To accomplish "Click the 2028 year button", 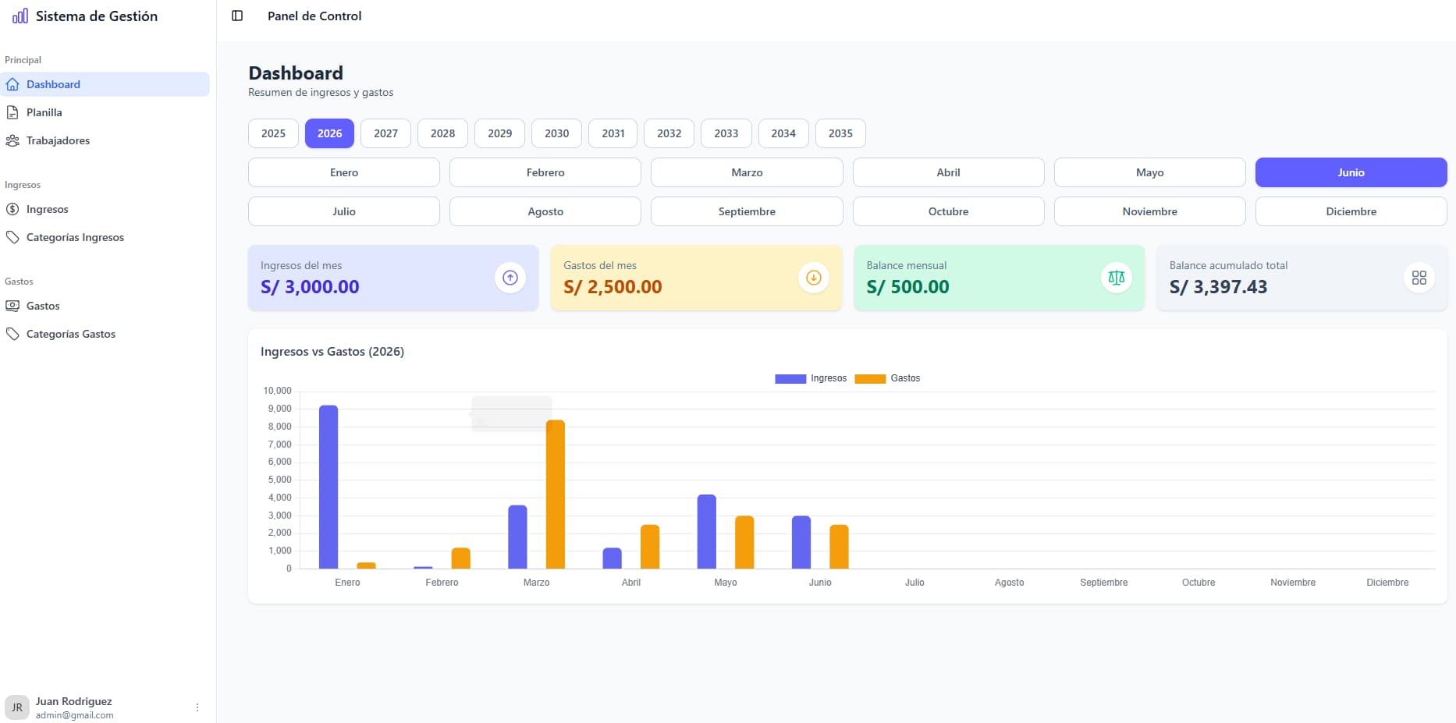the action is pos(442,133).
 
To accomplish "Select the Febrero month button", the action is pos(545,172).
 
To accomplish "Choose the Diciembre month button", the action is pos(1351,211).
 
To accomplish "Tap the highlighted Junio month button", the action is pos(1351,172).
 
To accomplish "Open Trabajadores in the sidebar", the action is pos(58,140).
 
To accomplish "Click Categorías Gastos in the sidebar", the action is pos(70,334).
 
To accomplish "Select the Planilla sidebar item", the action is pos(44,112).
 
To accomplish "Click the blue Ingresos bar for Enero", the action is pos(328,487).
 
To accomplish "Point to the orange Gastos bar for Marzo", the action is pos(556,494).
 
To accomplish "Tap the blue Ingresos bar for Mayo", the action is pos(706,532).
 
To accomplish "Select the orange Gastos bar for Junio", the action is pos(839,547).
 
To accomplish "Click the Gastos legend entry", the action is pos(888,378).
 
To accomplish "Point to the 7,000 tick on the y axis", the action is pos(279,445).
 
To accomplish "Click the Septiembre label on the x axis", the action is pos(1103,583).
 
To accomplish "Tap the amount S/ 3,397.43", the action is pos(1218,287).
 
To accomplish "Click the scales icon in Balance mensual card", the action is pos(1117,278).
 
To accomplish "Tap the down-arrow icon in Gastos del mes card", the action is pos(814,278).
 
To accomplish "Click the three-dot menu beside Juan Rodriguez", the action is pos(197,707).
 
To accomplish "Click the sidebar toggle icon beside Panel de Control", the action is pos(237,16).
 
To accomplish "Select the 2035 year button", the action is pos(840,133).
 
